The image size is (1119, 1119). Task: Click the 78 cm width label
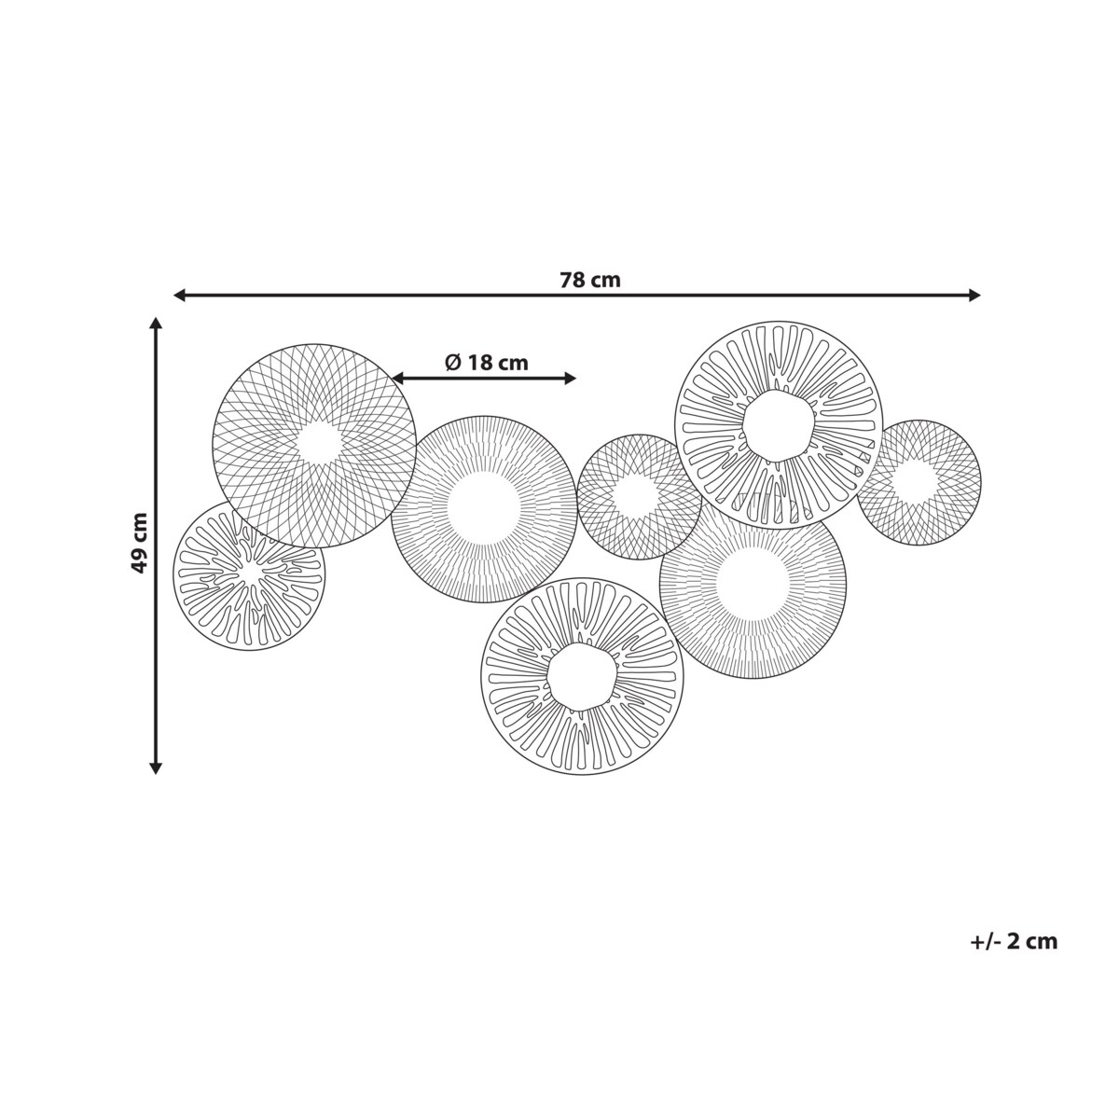click(x=590, y=281)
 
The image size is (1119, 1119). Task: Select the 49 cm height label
click(x=139, y=543)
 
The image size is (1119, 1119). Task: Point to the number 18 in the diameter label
click(x=480, y=363)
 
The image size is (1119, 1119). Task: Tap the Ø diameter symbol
click(x=453, y=363)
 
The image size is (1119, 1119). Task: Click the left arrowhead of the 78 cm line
click(x=179, y=296)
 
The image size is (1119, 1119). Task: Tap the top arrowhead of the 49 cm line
click(x=155, y=324)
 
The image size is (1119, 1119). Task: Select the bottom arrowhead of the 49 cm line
click(x=155, y=768)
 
